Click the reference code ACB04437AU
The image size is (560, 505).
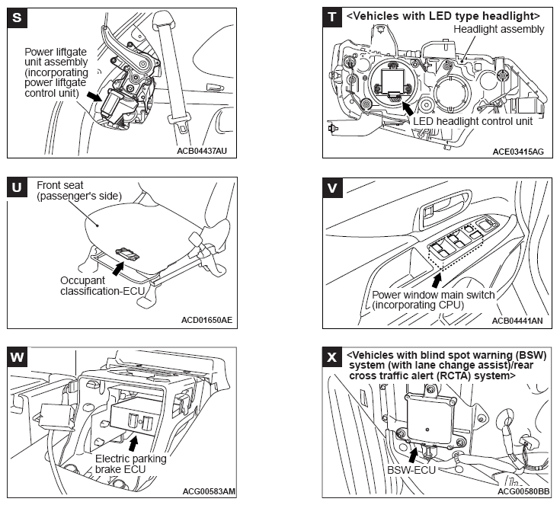pyautogui.click(x=201, y=151)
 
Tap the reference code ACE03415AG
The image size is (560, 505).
pyautogui.click(x=517, y=151)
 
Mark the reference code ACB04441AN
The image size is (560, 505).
pyautogui.click(x=517, y=320)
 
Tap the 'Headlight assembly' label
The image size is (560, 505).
pyautogui.click(x=498, y=29)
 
